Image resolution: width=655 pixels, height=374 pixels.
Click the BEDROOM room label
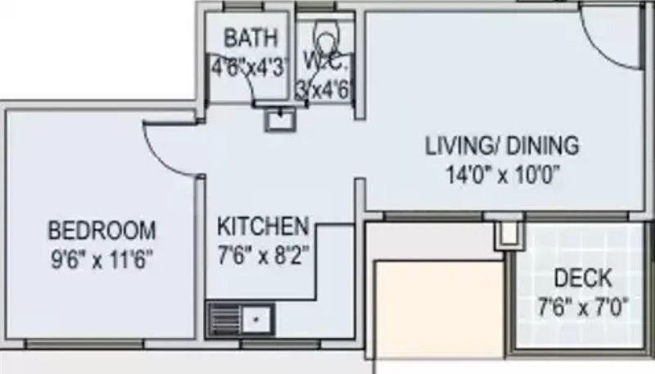[102, 230]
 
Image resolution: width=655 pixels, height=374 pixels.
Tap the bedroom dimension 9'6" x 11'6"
[102, 259]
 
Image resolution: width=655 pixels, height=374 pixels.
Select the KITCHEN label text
[263, 226]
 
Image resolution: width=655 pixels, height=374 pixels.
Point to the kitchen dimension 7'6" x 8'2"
[264, 255]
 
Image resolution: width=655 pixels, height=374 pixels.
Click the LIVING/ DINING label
[502, 146]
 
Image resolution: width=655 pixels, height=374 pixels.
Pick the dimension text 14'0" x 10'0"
[503, 174]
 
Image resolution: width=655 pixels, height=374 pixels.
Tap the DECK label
[583, 278]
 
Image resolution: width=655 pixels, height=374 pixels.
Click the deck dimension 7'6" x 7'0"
[583, 308]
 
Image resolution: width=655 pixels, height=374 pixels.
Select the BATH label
[251, 38]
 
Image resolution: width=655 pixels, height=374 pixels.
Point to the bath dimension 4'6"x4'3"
[250, 67]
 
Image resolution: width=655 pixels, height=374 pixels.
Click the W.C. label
[325, 62]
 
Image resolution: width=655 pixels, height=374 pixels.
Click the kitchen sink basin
[256, 320]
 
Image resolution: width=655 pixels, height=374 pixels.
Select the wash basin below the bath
[280, 119]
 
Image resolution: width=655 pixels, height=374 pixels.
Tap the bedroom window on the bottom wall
[85, 344]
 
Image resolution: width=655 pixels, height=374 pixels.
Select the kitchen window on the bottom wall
[281, 344]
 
